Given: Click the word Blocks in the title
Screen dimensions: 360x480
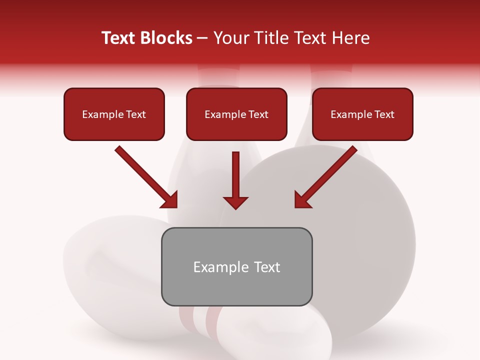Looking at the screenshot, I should point(165,38).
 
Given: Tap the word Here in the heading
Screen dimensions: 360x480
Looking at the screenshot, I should point(350,38).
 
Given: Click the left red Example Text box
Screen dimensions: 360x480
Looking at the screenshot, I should point(114,114).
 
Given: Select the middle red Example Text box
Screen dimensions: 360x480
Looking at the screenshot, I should point(236,114).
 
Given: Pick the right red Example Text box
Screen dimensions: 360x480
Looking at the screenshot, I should point(362,114).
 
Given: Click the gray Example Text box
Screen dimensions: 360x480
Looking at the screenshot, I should point(236,266).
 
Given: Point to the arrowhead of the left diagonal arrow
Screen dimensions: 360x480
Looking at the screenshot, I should point(170,200).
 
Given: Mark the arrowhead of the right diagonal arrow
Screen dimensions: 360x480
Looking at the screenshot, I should point(302,200).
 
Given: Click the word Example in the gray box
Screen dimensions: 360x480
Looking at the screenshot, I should point(215,267).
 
